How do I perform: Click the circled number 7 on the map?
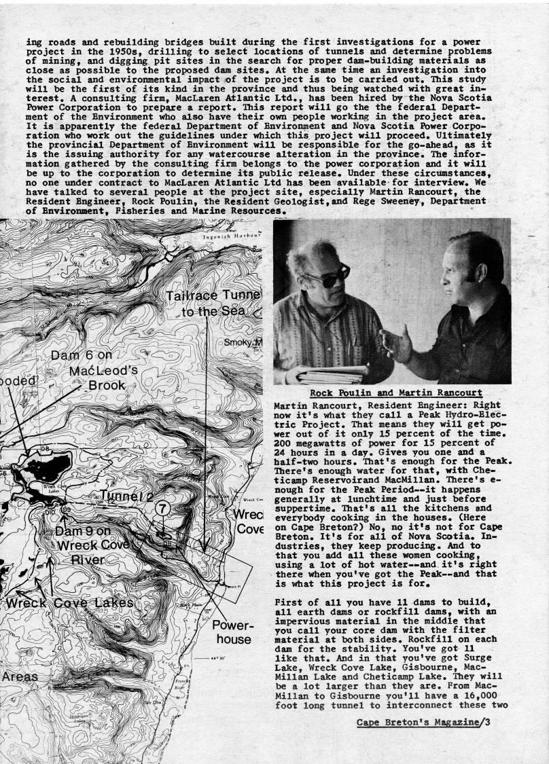(x=162, y=507)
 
